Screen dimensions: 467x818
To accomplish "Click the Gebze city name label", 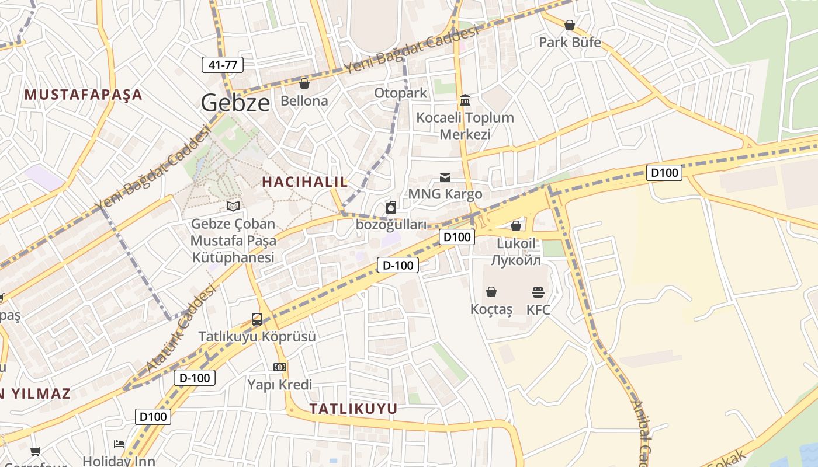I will point(235,103).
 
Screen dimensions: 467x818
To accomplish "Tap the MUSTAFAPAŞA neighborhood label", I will point(84,95).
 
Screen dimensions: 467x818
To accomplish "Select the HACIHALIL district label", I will point(304,182).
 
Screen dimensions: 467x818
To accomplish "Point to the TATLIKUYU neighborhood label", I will point(353,409).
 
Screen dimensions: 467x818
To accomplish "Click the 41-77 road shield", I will point(223,65).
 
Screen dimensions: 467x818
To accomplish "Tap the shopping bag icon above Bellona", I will point(304,84).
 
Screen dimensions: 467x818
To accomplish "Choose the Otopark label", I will point(400,93).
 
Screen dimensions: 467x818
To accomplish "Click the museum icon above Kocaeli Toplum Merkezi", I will point(465,100).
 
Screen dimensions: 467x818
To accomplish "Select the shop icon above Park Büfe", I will point(569,25).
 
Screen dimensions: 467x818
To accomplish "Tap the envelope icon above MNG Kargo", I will point(445,177).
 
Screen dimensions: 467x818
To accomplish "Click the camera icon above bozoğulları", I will point(391,207).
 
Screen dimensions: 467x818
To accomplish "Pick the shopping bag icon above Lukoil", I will point(516,226).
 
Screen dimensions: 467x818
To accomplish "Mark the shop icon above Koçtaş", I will point(491,292).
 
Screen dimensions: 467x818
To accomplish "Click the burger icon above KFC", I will point(538,292).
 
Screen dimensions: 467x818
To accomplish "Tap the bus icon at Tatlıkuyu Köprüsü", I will point(257,319).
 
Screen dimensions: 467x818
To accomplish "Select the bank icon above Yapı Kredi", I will point(280,367).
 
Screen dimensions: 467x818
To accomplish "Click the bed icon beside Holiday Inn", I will point(119,444).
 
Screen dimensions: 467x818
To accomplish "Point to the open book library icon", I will point(233,206).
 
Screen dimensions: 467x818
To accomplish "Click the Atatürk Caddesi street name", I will point(182,328).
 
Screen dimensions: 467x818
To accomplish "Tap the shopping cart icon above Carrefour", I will point(36,451).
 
